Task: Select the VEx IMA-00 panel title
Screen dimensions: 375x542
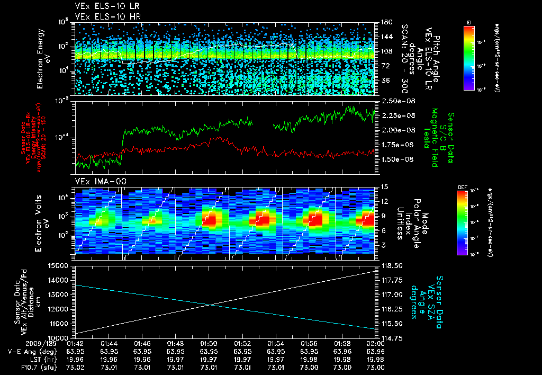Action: tap(96, 181)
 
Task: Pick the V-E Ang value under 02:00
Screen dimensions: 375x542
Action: tap(375, 352)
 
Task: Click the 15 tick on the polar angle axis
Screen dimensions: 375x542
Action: tap(382, 187)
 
